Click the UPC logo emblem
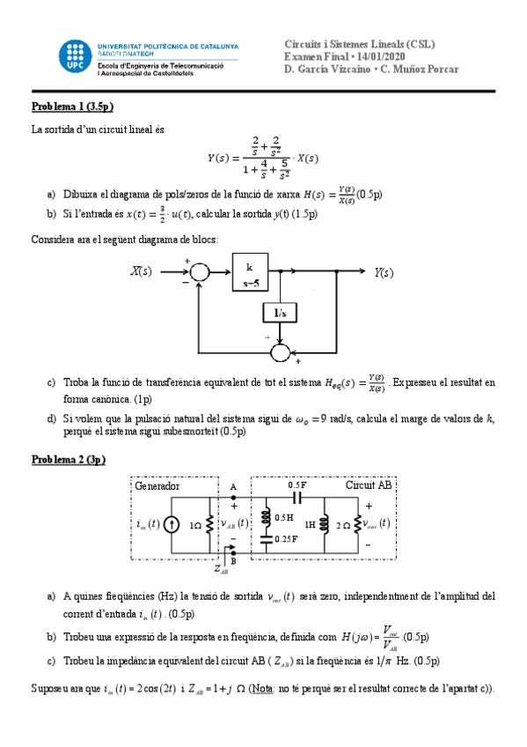(74, 55)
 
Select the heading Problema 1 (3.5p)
(72, 107)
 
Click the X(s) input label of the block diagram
(141, 272)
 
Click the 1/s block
(279, 314)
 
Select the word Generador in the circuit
(157, 486)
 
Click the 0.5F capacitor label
(297, 485)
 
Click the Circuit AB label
(367, 486)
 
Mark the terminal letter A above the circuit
(233, 486)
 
